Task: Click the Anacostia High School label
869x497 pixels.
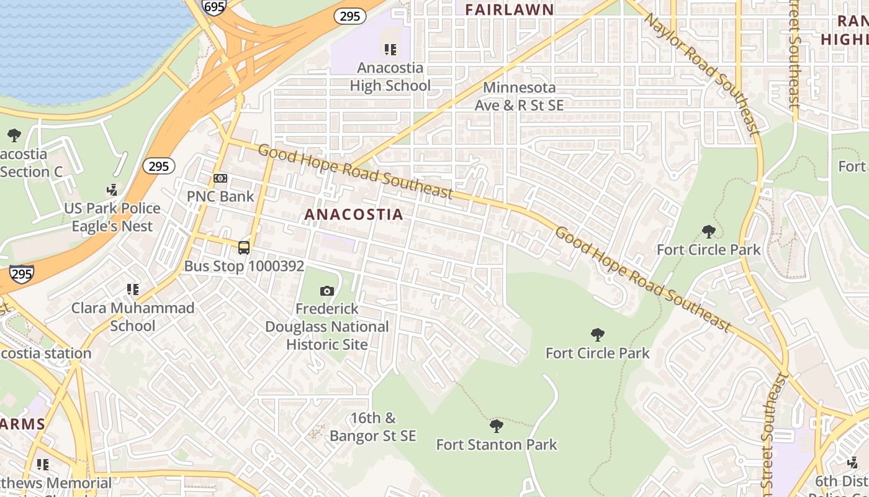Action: pos(390,77)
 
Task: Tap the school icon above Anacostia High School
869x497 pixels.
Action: pos(390,49)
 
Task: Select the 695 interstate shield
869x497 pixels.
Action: pos(214,6)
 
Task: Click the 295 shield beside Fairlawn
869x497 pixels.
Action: pos(350,16)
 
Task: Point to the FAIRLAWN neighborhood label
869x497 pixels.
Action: pos(509,9)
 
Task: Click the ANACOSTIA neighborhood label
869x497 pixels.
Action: pos(354,215)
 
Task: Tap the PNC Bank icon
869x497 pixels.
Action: pos(220,178)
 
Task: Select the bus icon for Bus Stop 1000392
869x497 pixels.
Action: pos(244,248)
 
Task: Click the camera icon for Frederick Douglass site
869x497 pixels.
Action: pos(327,291)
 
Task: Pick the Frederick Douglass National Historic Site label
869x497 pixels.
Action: pos(327,327)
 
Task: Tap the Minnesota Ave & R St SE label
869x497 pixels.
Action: pos(519,96)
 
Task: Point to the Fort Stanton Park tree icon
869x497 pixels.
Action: pos(496,426)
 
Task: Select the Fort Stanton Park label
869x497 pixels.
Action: pos(497,445)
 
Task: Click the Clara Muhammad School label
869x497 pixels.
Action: pos(133,317)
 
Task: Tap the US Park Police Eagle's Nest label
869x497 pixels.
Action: pos(112,217)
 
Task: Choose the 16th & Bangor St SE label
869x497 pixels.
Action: pos(372,427)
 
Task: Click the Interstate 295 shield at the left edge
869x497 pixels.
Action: pos(21,273)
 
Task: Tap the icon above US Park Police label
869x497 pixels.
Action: pos(112,190)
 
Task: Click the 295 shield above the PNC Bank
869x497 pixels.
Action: pos(158,166)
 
